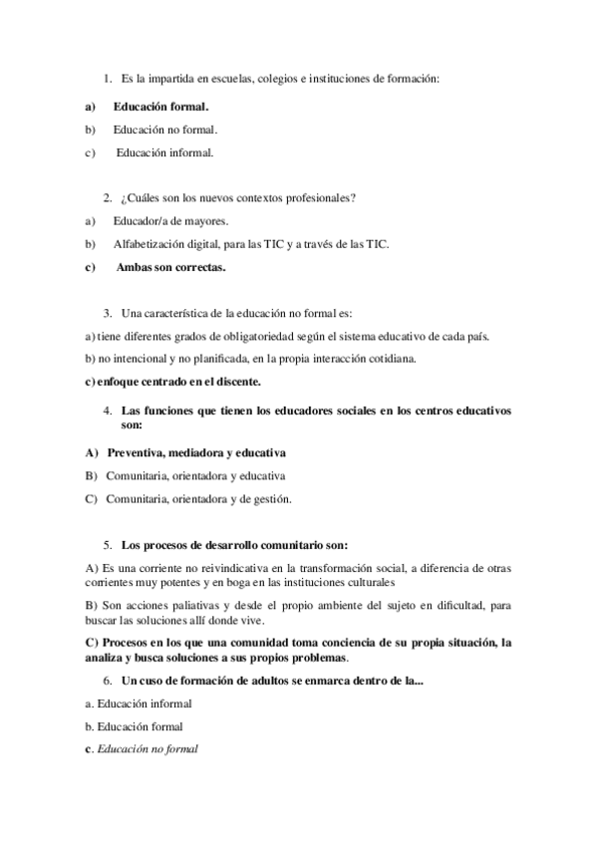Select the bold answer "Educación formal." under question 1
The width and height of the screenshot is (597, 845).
[x=160, y=105]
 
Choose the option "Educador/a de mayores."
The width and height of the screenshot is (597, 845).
[x=170, y=220]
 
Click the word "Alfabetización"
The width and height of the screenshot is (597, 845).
[x=150, y=244]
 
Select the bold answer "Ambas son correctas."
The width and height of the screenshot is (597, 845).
[x=170, y=268]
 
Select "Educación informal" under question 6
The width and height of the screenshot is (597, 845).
[x=140, y=704]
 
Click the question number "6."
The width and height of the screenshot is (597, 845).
[x=108, y=680]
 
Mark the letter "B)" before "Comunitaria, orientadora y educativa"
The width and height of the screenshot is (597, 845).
[x=92, y=475]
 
